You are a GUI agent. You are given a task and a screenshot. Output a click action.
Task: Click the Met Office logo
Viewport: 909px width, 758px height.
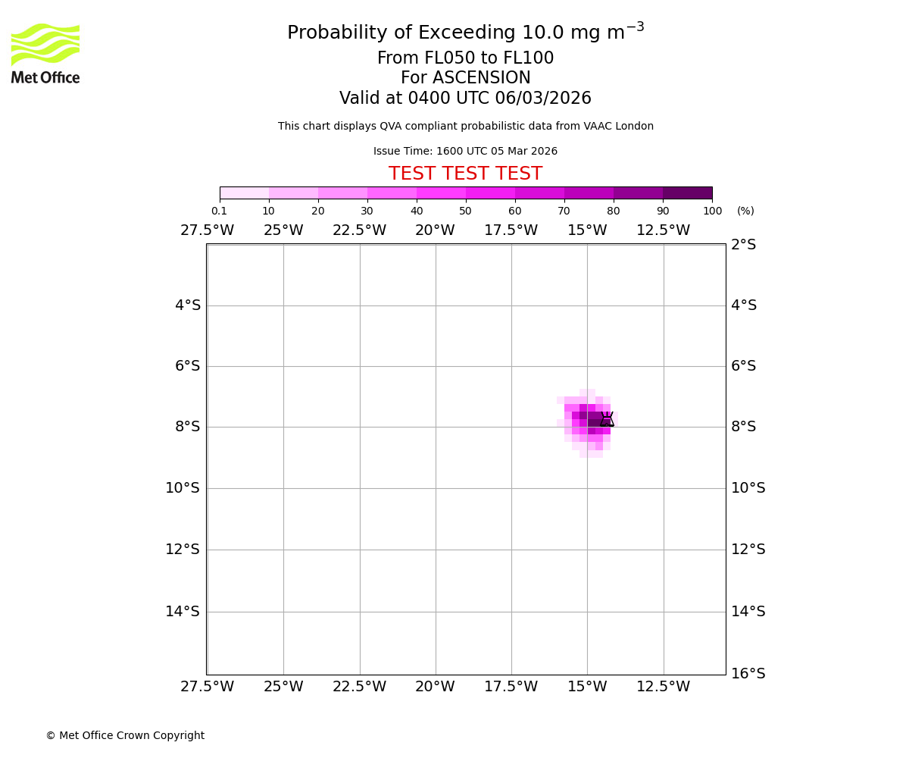pyautogui.click(x=45, y=53)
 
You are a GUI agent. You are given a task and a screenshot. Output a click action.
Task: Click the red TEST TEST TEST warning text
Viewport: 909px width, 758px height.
pyautogui.click(x=465, y=174)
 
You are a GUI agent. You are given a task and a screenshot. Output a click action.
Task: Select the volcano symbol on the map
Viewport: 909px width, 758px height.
pyautogui.click(x=607, y=419)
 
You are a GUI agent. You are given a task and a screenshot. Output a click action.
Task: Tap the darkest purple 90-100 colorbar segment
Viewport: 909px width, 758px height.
pyautogui.click(x=687, y=193)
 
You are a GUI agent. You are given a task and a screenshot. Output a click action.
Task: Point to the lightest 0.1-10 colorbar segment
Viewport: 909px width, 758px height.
pyautogui.click(x=244, y=193)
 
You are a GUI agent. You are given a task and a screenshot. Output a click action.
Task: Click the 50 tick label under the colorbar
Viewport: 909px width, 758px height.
pyautogui.click(x=465, y=211)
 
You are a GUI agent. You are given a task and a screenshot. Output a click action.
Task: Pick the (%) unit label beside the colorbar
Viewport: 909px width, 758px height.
pyautogui.click(x=745, y=211)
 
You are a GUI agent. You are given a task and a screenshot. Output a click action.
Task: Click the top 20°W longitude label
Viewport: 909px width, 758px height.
pyautogui.click(x=435, y=230)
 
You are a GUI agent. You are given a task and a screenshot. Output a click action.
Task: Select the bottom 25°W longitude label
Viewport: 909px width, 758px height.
pyautogui.click(x=283, y=687)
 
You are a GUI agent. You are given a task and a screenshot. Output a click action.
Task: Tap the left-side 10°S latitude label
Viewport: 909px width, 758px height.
pyautogui.click(x=183, y=488)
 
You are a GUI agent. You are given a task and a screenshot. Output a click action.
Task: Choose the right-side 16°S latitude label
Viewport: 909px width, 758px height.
pyautogui.click(x=748, y=674)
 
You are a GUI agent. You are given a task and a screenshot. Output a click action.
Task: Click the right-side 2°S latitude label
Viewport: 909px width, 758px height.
pyautogui.click(x=743, y=245)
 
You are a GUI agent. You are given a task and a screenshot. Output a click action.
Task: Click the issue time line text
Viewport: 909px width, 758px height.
pyautogui.click(x=465, y=152)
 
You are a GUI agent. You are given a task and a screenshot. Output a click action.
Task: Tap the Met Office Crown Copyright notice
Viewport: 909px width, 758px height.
pyautogui.click(x=125, y=736)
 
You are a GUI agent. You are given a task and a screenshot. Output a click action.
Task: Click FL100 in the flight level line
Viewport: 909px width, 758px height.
pyautogui.click(x=528, y=58)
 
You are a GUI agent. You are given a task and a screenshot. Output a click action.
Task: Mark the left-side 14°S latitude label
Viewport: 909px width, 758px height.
pyautogui.click(x=183, y=612)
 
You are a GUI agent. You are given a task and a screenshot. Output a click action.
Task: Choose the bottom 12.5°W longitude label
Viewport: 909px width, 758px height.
pyautogui.click(x=663, y=687)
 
